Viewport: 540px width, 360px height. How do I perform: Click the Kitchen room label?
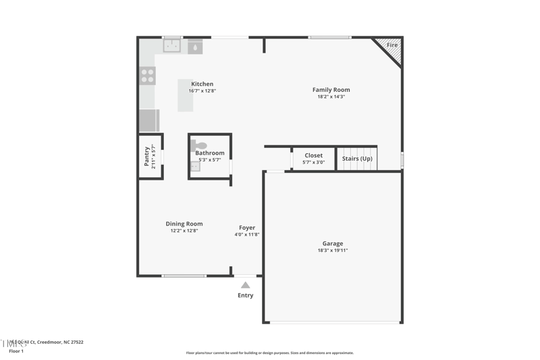point(202,84)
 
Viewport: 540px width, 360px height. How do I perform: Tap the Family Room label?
point(331,90)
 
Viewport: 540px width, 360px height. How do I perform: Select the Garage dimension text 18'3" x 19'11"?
point(332,251)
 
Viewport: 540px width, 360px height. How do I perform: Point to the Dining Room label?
point(184,224)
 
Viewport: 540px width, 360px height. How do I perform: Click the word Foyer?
point(247,228)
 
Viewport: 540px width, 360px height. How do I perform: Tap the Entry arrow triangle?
point(246,285)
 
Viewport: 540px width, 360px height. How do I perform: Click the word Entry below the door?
point(246,296)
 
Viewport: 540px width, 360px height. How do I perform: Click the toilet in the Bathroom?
point(200,145)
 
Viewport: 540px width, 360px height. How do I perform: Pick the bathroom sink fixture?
point(195,167)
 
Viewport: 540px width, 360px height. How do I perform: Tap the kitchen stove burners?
point(147,75)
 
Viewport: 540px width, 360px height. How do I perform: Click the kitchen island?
point(186,95)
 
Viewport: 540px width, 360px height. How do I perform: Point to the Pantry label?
point(146,157)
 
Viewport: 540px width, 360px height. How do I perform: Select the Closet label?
point(313,156)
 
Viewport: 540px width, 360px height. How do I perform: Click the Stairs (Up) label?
point(357,159)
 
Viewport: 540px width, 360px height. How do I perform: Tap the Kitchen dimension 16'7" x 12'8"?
point(202,91)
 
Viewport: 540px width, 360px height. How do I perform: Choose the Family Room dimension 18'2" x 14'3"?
point(331,97)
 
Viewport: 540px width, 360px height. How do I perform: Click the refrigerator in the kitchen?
point(148,121)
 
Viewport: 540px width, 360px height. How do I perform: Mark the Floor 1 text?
point(16,351)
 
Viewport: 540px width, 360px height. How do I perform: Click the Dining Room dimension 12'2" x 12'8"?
point(184,231)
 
